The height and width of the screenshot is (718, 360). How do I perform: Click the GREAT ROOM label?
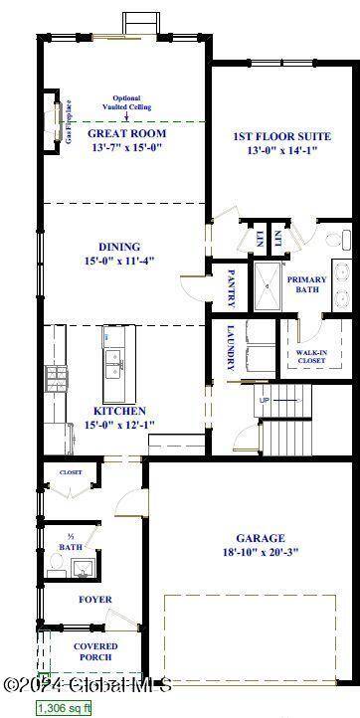(x=126, y=133)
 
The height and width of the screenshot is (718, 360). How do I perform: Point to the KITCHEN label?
(x=120, y=411)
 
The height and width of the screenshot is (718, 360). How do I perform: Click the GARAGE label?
(x=260, y=538)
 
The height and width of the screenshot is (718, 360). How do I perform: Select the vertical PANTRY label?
(x=231, y=286)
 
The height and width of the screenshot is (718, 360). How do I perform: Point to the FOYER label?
(x=95, y=600)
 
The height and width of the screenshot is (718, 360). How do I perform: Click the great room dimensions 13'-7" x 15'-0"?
(x=126, y=148)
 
